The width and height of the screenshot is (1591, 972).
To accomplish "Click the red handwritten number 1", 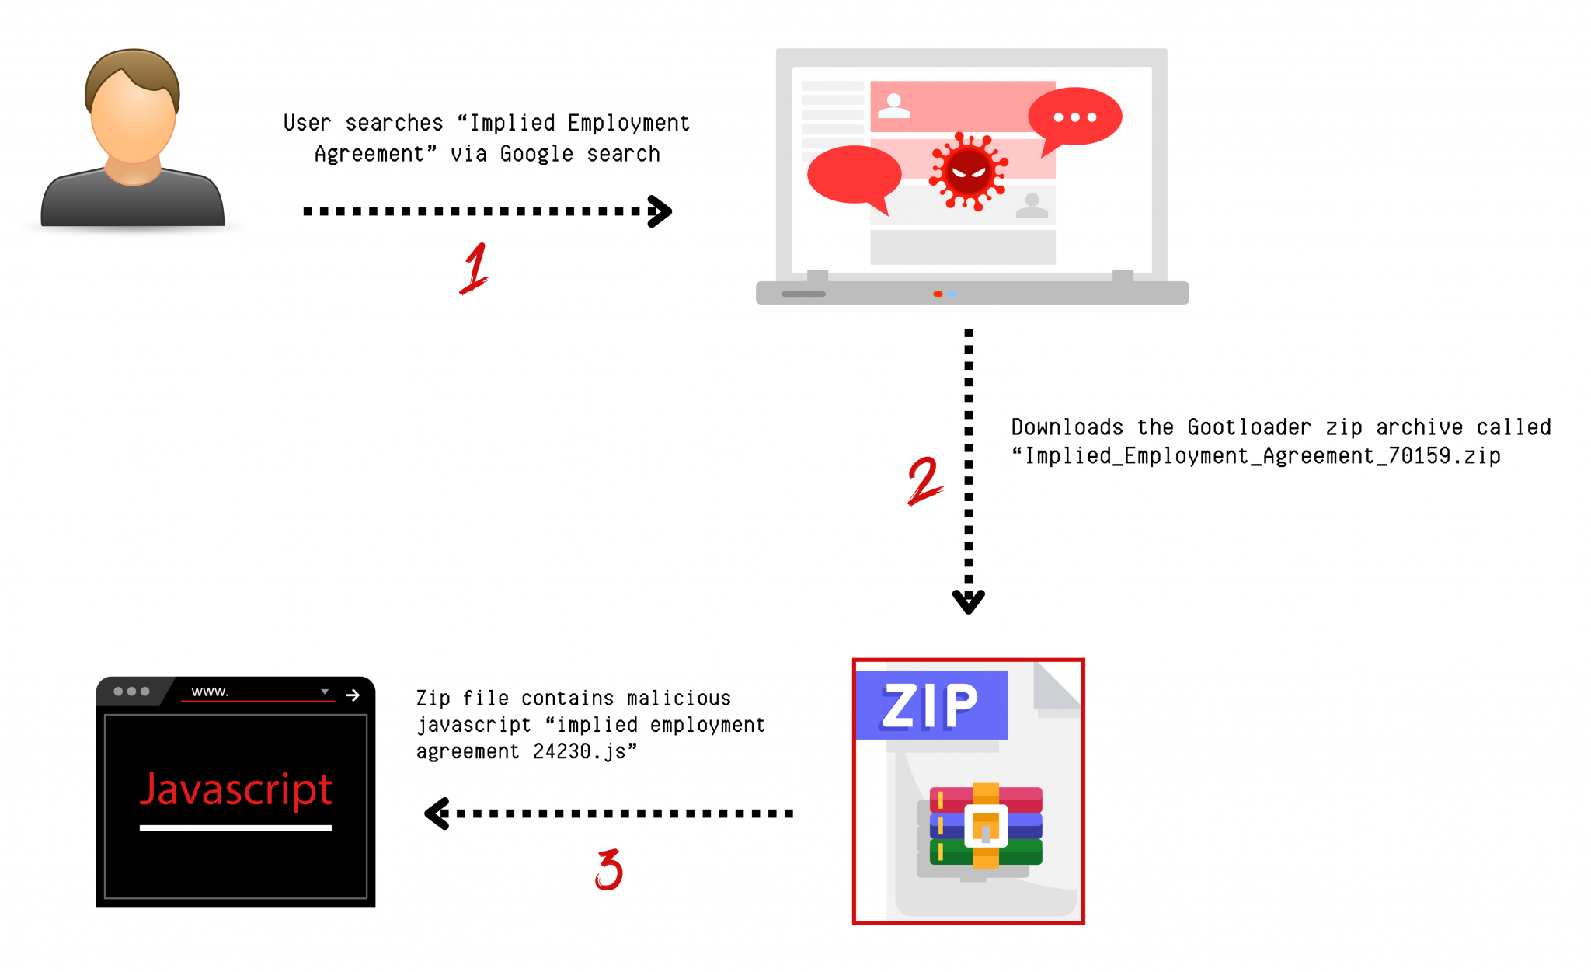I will tap(474, 269).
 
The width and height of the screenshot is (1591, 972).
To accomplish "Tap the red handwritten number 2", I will tap(924, 481).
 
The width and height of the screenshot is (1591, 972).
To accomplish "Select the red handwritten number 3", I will tap(609, 869).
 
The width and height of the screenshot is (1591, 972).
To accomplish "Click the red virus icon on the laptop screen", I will tap(968, 172).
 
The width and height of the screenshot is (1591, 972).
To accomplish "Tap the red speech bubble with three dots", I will tap(1074, 117).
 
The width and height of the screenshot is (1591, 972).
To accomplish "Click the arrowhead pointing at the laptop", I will tap(660, 211).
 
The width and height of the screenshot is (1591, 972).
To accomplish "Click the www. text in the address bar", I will tap(210, 692).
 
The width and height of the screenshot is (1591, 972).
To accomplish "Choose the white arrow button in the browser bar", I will tap(353, 695).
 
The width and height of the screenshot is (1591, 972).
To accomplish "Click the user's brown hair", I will tap(132, 69).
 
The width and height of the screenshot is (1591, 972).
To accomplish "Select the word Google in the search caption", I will tap(536, 154).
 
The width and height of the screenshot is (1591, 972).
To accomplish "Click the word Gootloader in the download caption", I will tap(1248, 427).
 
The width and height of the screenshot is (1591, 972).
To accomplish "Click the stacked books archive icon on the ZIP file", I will tap(985, 826).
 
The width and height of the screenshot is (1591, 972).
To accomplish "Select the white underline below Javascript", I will tap(235, 828).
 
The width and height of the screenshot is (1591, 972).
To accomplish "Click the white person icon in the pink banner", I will tap(893, 106).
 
